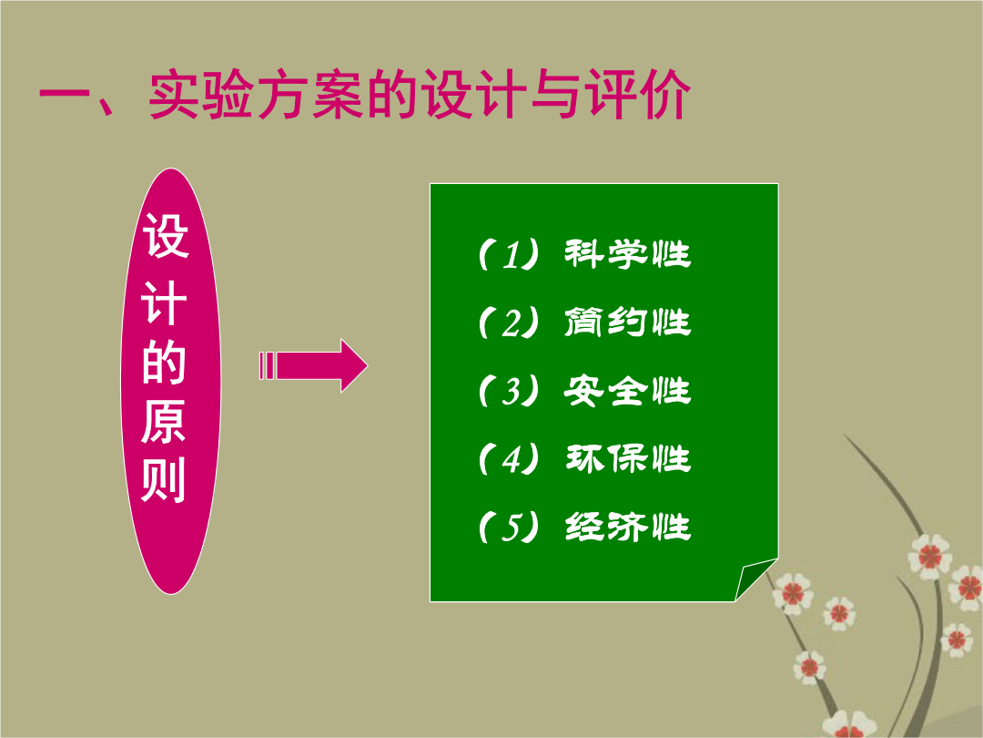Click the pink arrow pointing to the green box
pyautogui.click(x=313, y=366)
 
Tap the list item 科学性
pyautogui.click(x=627, y=254)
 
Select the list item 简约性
pyautogui.click(x=627, y=322)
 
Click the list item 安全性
pyautogui.click(x=627, y=390)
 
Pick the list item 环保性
pyautogui.click(x=627, y=458)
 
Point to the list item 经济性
pyautogui.click(x=627, y=527)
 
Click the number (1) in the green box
pyautogui.click(x=509, y=255)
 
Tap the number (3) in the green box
pyautogui.click(x=509, y=391)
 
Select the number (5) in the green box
pyautogui.click(x=509, y=528)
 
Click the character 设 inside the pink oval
pyautogui.click(x=166, y=235)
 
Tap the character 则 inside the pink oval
pyautogui.click(x=164, y=479)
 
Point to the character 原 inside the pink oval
pyautogui.click(x=164, y=420)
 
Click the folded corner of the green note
pyautogui.click(x=755, y=579)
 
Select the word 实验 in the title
pyautogui.click(x=202, y=94)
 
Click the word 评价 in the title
pyautogui.click(x=637, y=94)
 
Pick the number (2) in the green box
pyautogui.click(x=509, y=323)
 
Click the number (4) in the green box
pyautogui.click(x=509, y=458)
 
